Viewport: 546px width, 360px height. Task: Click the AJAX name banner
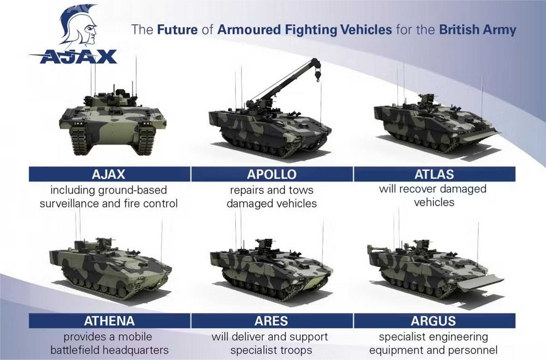coord(109,174)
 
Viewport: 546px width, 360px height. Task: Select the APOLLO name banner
coord(272,174)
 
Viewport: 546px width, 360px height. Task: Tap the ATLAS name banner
coord(434,174)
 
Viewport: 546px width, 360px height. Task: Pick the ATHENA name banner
coord(109,321)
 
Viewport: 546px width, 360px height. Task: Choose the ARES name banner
coord(272,321)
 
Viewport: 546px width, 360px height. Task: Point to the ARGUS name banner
coord(434,321)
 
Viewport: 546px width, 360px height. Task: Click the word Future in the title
coord(177,30)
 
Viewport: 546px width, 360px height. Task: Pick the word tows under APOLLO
coord(301,190)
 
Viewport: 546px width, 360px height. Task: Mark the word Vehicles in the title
coord(366,30)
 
